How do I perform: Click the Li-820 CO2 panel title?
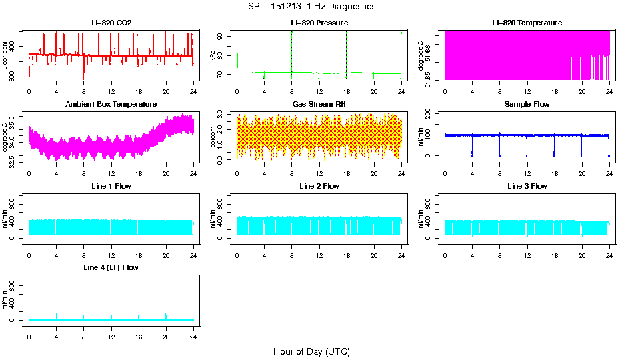coord(111,23)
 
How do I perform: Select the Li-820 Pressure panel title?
coord(319,23)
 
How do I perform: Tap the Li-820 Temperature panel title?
coord(527,23)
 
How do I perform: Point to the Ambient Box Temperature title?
coord(111,105)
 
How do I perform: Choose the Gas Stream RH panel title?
coord(319,105)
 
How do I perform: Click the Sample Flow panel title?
coord(527,105)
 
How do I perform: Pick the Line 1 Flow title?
coord(111,186)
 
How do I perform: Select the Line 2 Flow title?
coord(319,186)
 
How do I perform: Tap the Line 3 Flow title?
coord(527,186)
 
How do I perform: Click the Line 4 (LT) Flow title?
coord(111,267)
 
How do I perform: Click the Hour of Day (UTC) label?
coord(311,351)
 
